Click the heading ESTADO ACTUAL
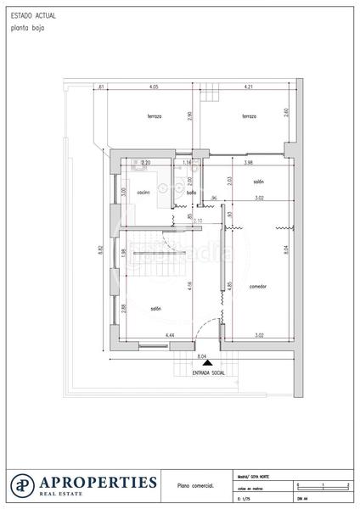pos(27,16)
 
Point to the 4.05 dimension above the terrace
pos(153,87)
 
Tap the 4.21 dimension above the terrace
pos(249,87)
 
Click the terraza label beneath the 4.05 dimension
pos(154,116)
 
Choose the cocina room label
pos(143,193)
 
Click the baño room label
pos(192,193)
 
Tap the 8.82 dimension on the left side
pos(100,249)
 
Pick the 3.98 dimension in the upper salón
pos(248,162)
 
